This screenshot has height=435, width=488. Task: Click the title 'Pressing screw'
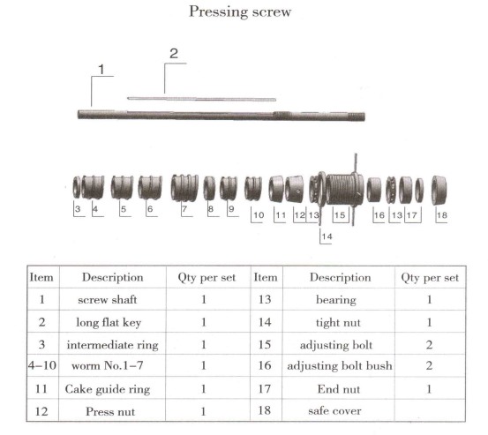(240, 12)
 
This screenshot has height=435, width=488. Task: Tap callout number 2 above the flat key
(174, 54)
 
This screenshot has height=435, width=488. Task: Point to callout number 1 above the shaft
(101, 69)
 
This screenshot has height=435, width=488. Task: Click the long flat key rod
(202, 99)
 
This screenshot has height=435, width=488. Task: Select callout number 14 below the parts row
(327, 236)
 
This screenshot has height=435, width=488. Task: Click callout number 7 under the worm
(184, 208)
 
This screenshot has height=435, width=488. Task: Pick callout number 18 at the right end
(442, 215)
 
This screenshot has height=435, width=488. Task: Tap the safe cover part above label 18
(439, 190)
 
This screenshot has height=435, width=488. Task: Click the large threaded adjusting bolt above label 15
(344, 189)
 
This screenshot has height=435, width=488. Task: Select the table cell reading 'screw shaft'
(108, 300)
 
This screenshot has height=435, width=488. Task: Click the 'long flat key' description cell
(109, 322)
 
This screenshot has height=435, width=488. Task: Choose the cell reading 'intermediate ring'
(112, 345)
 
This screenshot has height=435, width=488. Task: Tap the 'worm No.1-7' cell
(108, 365)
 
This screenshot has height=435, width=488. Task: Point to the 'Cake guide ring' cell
(108, 389)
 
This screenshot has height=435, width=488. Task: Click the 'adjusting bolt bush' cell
(340, 365)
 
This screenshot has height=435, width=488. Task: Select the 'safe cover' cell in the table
(334, 411)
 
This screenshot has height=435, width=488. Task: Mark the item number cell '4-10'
(42, 365)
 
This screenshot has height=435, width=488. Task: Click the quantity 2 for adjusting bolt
(429, 345)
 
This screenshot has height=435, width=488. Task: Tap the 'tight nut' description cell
(338, 323)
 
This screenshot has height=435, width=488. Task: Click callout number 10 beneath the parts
(259, 215)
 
